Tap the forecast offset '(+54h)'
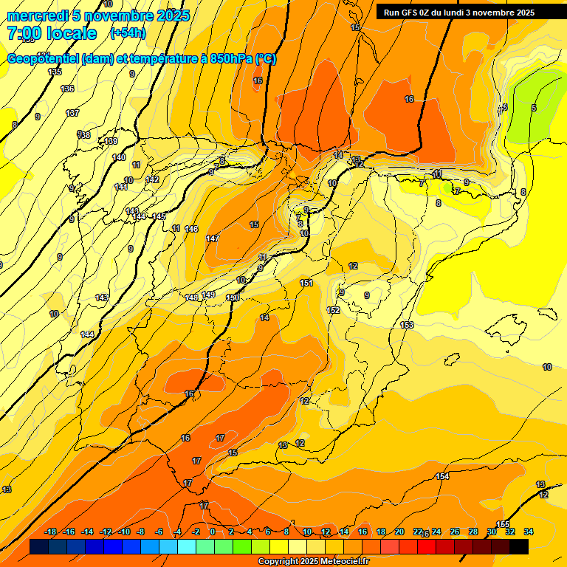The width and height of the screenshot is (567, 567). coord(128,33)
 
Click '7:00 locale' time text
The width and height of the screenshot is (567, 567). coord(52,33)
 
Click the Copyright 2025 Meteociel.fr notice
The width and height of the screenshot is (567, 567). coord(313,561)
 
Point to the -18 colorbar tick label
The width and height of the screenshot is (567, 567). coord(51,532)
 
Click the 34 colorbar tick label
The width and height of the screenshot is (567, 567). coord(529,532)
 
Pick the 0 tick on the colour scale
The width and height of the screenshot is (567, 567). coord(212,532)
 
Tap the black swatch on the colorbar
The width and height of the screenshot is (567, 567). coord(518,546)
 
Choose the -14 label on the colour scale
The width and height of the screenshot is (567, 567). coord(87,532)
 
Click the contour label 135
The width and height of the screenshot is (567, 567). coord(55,72)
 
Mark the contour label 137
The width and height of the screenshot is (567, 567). coord(72,113)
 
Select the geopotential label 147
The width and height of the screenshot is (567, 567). coord(213,238)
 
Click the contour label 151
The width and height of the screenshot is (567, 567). coord(306,283)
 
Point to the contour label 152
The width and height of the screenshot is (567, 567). coord(334,310)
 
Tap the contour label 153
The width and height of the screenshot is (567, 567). coord(407,325)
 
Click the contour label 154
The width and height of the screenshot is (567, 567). coord(442,476)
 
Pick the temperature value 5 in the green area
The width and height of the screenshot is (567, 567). coord(534,108)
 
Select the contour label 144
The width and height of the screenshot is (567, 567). coord(87,334)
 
